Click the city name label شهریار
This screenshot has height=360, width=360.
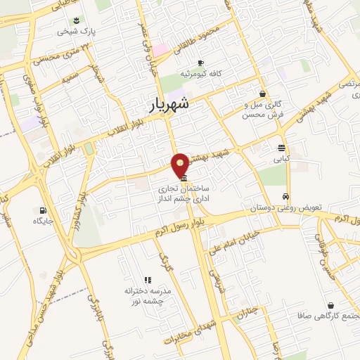tap(169, 105)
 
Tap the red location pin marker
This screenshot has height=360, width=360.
tap(180, 164)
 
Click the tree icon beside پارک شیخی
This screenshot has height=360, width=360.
tap(77, 20)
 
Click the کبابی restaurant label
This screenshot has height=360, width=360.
tap(281, 159)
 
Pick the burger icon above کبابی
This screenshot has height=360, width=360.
tap(281, 148)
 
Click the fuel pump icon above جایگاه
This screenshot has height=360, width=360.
tap(44, 210)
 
